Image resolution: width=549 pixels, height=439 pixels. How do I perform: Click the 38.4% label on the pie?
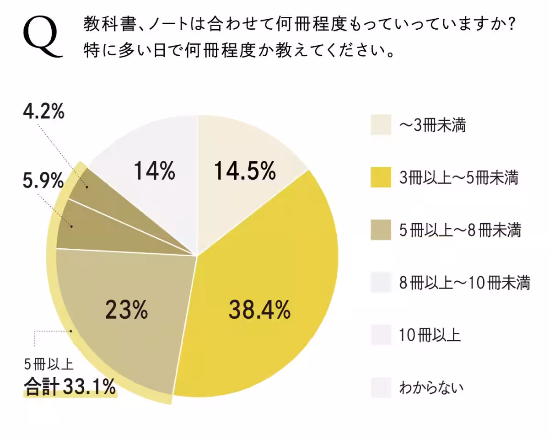(x=259, y=311)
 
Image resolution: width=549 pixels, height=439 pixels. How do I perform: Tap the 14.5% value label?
(x=245, y=171)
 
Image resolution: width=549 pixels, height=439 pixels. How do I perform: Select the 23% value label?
(x=127, y=311)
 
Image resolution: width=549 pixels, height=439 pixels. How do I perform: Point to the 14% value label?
(x=154, y=171)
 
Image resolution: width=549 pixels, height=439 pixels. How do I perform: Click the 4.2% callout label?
(x=44, y=112)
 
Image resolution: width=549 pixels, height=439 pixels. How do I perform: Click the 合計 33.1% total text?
(x=70, y=387)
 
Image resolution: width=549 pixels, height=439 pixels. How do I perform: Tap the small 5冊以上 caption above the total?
(x=48, y=364)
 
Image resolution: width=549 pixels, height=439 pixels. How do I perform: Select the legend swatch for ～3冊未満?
(x=381, y=125)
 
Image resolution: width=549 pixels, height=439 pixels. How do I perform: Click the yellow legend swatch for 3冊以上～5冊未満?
(x=381, y=177)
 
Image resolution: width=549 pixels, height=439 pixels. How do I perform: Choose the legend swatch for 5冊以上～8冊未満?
(x=381, y=230)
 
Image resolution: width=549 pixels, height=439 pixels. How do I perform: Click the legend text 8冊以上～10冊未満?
(x=464, y=283)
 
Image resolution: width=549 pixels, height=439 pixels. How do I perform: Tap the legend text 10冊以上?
(x=430, y=336)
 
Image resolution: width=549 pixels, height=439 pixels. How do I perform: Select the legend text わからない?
(x=431, y=388)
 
